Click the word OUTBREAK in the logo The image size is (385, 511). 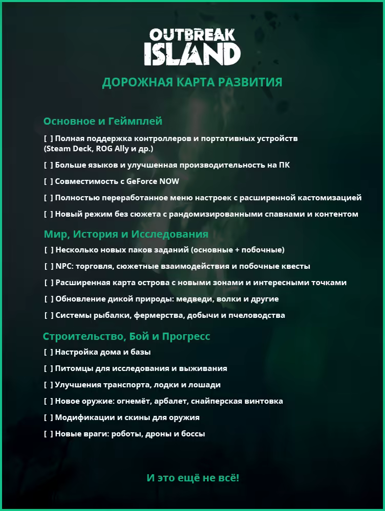click(x=192, y=35)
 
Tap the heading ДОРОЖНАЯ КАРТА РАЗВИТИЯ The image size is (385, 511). click(x=192, y=83)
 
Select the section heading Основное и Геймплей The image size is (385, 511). click(x=102, y=121)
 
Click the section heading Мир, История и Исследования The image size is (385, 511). click(x=126, y=234)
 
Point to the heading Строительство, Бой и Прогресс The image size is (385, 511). click(x=126, y=337)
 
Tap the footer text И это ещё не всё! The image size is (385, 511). click(x=193, y=478)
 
